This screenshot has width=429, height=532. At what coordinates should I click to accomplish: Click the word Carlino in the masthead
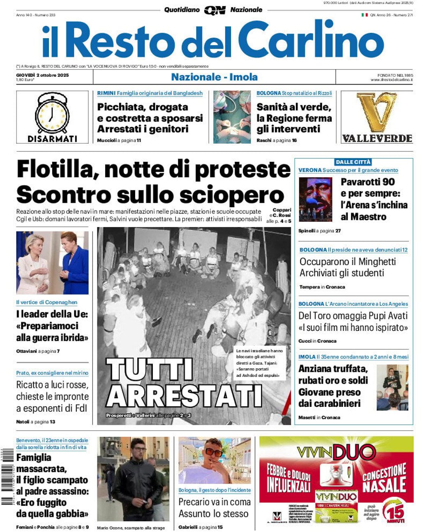[311, 40]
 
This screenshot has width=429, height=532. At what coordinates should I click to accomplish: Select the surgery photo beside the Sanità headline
[232, 117]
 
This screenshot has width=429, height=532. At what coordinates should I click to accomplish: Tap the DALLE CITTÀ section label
[353, 162]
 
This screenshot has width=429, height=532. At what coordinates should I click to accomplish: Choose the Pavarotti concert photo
[315, 199]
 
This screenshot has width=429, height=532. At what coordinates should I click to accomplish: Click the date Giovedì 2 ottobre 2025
[42, 75]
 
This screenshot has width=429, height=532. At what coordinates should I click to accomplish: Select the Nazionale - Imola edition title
[214, 77]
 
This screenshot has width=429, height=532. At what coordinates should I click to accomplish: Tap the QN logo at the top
[214, 10]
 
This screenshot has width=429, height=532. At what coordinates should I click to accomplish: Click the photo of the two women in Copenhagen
[52, 263]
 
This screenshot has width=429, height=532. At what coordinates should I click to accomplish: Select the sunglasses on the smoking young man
[213, 452]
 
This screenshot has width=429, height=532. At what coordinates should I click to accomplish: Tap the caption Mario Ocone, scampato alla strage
[131, 528]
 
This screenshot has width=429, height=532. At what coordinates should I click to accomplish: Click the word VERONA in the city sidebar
[310, 170]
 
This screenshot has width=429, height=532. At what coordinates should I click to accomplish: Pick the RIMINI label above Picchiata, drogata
[106, 93]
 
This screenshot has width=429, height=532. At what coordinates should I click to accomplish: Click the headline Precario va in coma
[214, 502]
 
